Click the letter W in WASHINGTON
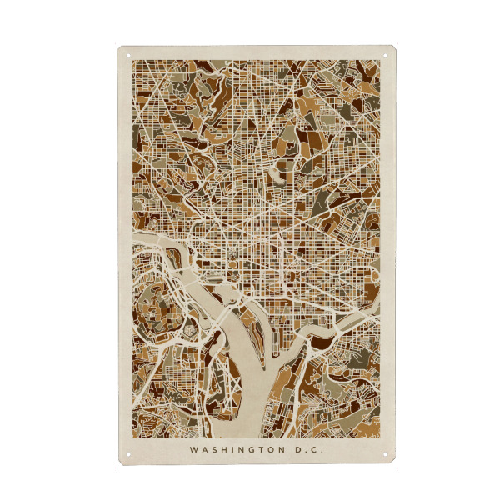point(192,449)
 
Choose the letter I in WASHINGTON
point(231,449)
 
